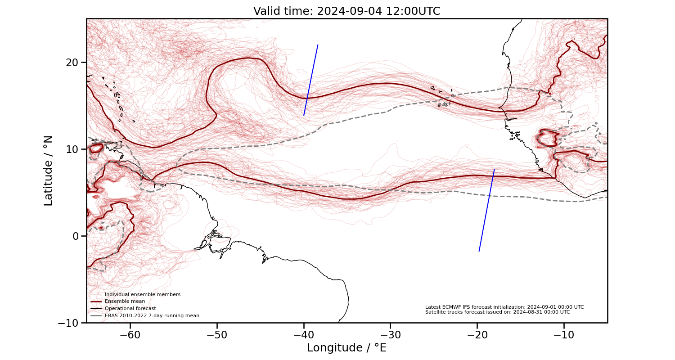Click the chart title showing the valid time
(x=346, y=11)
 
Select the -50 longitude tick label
(x=217, y=335)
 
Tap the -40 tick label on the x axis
(x=304, y=335)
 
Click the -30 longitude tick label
(x=390, y=335)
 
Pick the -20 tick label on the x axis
(x=477, y=335)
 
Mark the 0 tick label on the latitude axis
(x=76, y=236)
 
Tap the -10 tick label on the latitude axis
(x=69, y=323)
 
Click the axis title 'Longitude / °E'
(x=346, y=348)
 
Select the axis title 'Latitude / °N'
(x=48, y=171)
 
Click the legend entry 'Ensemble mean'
(x=125, y=301)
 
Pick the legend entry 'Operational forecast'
(x=130, y=309)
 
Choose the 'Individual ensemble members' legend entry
(x=142, y=294)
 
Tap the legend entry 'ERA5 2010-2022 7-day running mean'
(x=152, y=316)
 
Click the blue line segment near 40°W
(x=311, y=80)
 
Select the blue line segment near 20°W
(x=486, y=211)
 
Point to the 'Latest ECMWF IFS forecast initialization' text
(x=504, y=307)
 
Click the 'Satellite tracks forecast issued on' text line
(x=497, y=312)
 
